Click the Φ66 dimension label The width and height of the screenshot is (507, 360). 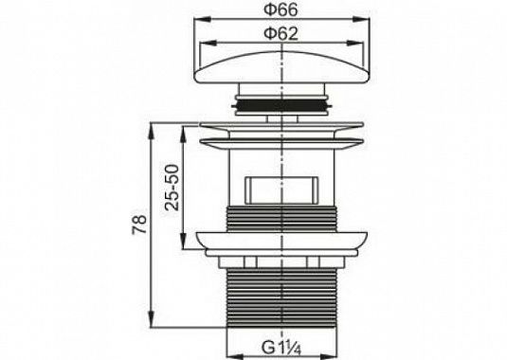coord(281,10)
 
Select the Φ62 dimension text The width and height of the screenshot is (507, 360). coord(281,33)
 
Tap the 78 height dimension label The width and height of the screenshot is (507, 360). coord(139,224)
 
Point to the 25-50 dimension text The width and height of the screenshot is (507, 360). coord(172,188)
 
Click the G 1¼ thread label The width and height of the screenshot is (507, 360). coord(281,349)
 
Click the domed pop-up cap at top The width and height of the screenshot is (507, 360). coord(282,67)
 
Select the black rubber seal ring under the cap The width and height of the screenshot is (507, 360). coord(282,105)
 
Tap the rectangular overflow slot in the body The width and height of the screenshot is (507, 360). coord(282,190)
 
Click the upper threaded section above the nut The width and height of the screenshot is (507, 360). coord(282,219)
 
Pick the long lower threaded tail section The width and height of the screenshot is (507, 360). coord(282,298)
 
